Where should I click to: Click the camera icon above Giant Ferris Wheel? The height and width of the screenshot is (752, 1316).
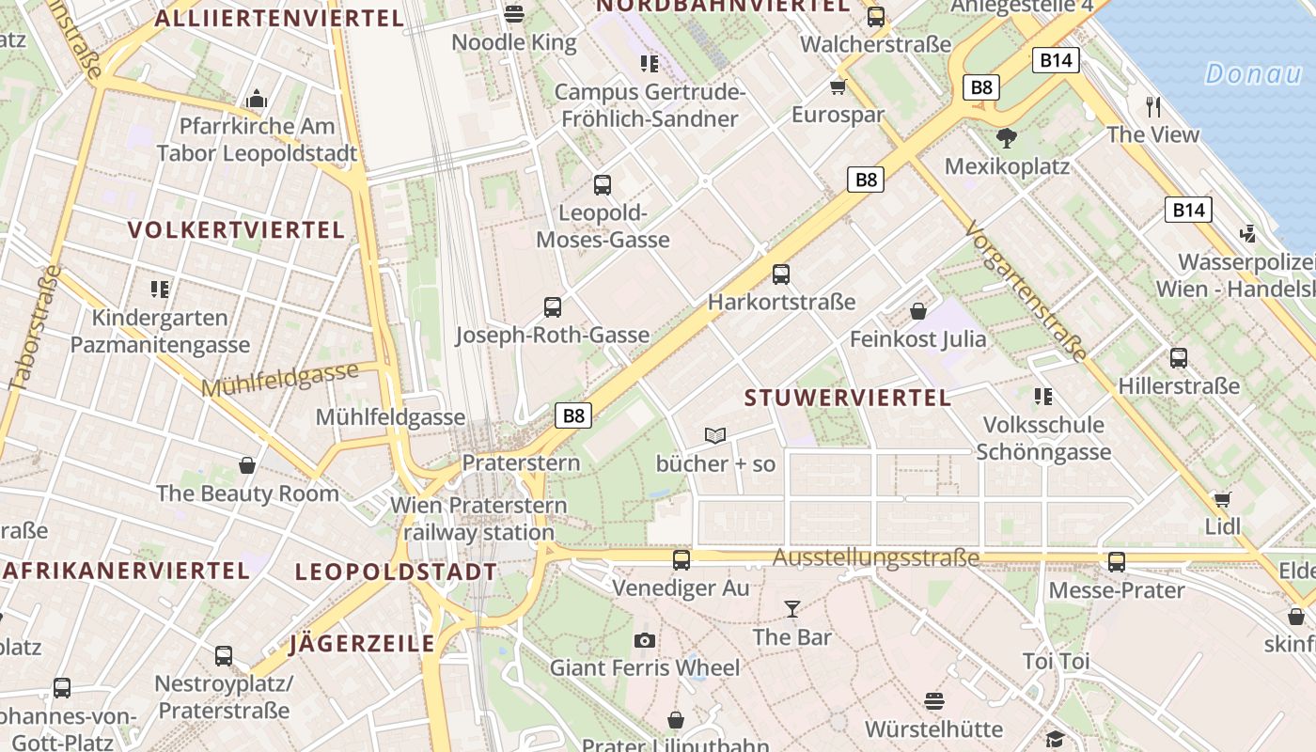644,640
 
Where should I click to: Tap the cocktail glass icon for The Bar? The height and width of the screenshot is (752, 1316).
791,609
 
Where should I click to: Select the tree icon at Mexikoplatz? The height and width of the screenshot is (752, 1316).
1007,138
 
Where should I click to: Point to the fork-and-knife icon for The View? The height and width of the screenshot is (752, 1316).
1153,106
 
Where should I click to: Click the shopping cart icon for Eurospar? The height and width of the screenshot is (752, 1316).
838,87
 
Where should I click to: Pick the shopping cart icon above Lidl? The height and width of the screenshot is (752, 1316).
1222,499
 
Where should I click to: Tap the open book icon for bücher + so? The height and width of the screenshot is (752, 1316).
715,435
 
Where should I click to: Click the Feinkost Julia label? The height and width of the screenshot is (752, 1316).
917,338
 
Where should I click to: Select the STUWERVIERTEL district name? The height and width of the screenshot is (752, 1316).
848,398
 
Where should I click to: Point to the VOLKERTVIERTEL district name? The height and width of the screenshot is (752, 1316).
236,230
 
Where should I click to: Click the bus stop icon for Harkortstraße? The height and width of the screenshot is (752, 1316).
780,274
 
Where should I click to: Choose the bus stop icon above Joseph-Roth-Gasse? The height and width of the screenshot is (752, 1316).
553,306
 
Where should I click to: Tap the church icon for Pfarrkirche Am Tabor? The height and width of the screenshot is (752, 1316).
256,99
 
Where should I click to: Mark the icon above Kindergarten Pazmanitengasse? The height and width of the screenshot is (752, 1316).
161,290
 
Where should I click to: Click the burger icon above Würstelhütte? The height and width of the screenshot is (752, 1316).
933,701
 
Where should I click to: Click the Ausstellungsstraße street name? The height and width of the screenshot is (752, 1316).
875,558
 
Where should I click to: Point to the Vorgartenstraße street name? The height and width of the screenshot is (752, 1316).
1026,291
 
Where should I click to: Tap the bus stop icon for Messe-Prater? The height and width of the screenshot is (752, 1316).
1116,562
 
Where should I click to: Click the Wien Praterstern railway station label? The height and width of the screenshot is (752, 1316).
478,519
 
